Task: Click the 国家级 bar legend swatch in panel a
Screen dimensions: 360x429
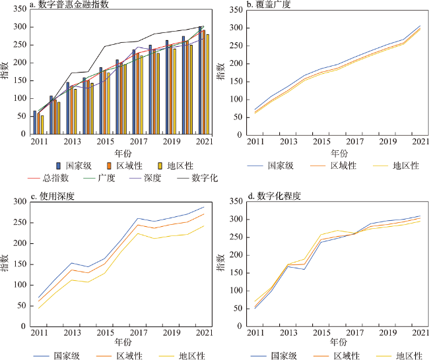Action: [x=58, y=165]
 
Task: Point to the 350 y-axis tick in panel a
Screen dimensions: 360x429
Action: [x=19, y=7]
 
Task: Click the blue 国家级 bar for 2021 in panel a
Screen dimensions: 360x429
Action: [x=200, y=80]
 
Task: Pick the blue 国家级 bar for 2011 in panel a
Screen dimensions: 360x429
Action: [x=35, y=122]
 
